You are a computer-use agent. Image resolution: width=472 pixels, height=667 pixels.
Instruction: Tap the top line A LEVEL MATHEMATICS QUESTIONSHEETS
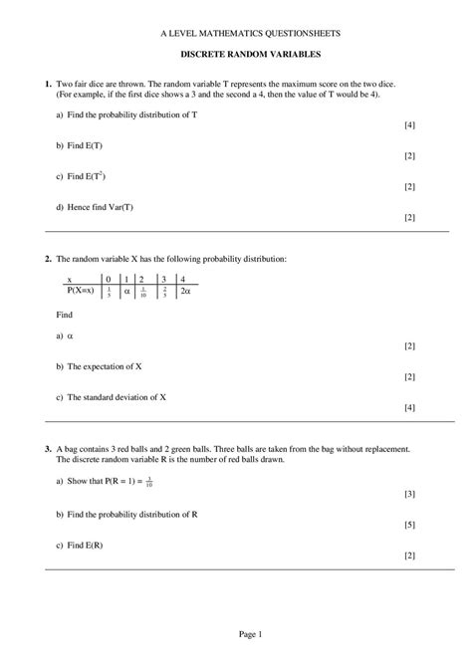click(237, 33)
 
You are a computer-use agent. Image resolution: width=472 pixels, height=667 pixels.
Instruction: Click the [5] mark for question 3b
click(409, 525)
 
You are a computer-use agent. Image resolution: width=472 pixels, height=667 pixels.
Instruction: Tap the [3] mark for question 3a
click(409, 493)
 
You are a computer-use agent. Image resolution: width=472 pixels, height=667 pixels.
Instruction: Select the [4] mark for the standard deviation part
click(409, 407)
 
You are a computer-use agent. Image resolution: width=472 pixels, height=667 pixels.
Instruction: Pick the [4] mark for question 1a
click(409, 125)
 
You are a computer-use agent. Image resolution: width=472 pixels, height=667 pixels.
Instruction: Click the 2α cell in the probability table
click(185, 292)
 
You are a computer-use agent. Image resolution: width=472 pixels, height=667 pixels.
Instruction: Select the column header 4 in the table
click(183, 280)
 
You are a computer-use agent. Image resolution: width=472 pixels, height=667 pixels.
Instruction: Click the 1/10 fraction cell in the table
click(144, 293)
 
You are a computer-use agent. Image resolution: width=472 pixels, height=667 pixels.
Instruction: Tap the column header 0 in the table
click(108, 280)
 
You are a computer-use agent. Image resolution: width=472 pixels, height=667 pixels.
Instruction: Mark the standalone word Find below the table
click(65, 314)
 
